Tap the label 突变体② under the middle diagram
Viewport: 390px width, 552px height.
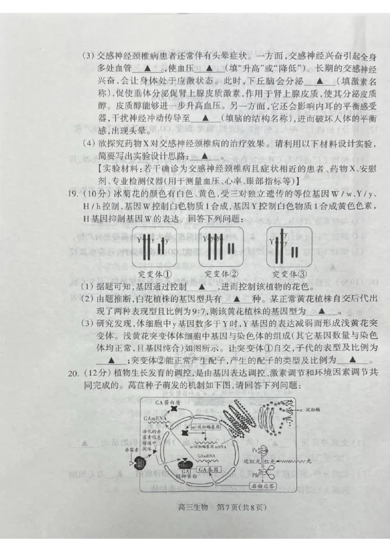221,273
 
